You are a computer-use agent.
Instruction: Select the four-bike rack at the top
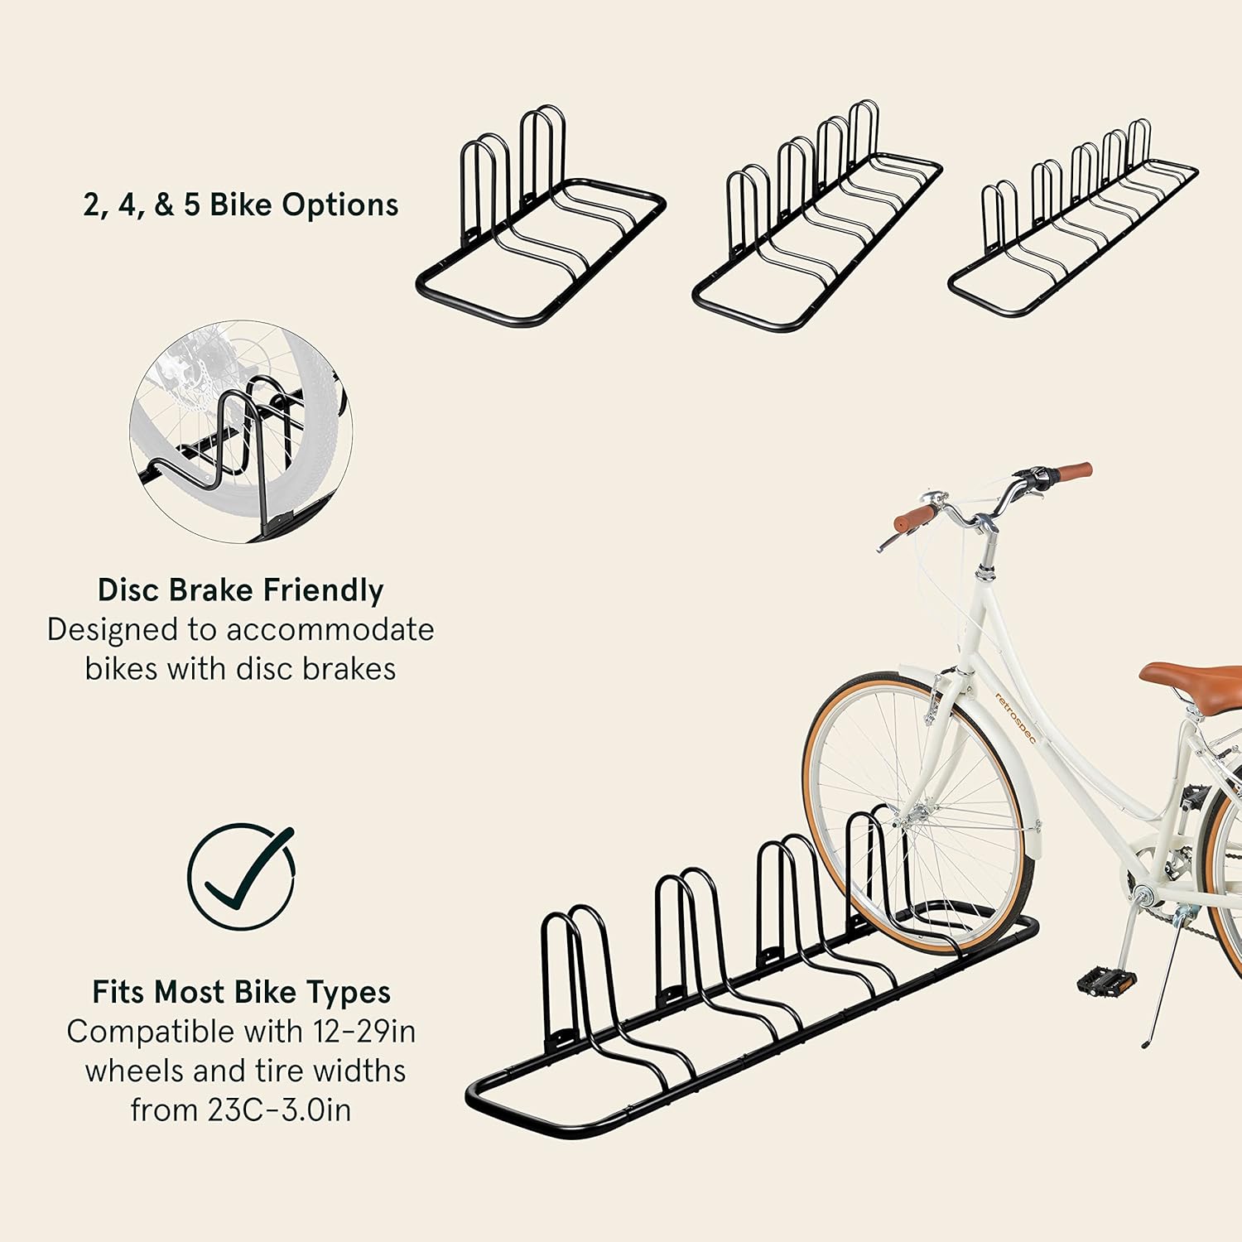coord(816,224)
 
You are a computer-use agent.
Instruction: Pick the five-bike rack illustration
coord(1072,224)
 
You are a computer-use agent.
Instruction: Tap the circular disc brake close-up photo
coord(241,432)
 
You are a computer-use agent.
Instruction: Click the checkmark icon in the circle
coord(241,876)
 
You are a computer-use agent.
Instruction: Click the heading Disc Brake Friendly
coord(240,590)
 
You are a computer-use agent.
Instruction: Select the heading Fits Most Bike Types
coord(241,992)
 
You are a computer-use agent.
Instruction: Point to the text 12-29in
coord(364,1032)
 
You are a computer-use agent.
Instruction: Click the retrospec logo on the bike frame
coord(1015,717)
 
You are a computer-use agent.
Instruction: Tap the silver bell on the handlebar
coord(934,498)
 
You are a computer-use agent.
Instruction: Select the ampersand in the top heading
coord(164,205)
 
